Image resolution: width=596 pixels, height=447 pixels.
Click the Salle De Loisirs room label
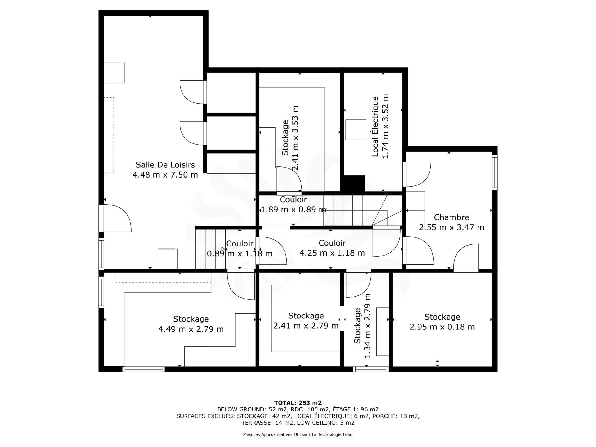(165, 165)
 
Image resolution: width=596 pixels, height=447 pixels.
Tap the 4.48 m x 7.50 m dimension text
(165, 175)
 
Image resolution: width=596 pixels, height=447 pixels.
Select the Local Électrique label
(375, 126)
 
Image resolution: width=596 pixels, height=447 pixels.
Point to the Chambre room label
(451, 217)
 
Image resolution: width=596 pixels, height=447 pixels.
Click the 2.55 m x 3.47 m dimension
(451, 227)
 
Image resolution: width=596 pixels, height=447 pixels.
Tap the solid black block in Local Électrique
(354, 184)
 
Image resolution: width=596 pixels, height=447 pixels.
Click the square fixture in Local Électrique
(356, 130)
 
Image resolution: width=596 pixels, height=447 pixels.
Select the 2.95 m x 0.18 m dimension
(442, 327)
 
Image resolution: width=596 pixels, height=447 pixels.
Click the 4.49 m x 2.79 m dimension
(191, 329)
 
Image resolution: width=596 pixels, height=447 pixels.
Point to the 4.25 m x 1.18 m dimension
(332, 253)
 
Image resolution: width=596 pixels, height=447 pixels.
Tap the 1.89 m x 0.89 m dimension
(293, 210)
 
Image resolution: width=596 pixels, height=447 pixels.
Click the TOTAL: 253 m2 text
(298, 403)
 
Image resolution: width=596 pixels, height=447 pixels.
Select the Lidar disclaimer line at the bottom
(298, 434)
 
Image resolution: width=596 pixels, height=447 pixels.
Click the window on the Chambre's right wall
(495, 173)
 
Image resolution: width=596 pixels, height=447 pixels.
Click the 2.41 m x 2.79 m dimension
(306, 326)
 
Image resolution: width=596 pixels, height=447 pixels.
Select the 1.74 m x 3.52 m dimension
(385, 126)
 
